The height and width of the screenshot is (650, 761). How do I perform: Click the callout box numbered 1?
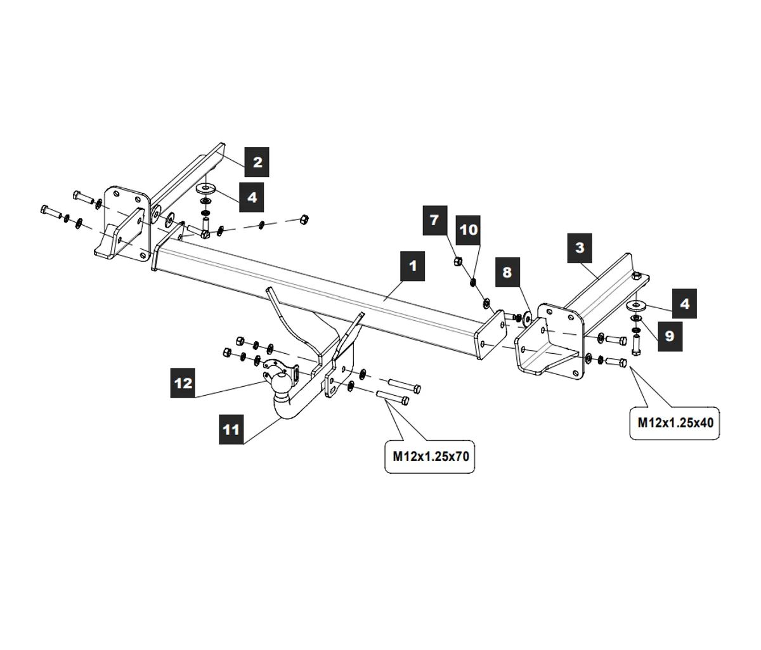pyautogui.click(x=413, y=265)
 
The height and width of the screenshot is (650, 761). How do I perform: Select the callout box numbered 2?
pyautogui.click(x=257, y=162)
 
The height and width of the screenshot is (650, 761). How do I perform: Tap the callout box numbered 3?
pyautogui.click(x=580, y=247)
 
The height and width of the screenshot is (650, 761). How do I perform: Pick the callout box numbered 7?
pyautogui.click(x=434, y=220)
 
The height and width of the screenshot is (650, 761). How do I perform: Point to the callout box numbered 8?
pyautogui.click(x=507, y=272)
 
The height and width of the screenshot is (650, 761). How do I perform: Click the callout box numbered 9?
pyautogui.click(x=670, y=335)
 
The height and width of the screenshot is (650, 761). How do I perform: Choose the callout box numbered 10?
pyautogui.click(x=469, y=229)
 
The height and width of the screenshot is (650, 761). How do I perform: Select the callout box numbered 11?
pyautogui.click(x=231, y=429)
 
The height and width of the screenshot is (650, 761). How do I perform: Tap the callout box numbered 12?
pyautogui.click(x=183, y=383)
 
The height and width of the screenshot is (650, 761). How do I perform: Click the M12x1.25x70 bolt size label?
pyautogui.click(x=431, y=455)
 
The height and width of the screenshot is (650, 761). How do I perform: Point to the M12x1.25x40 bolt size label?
pyautogui.click(x=675, y=422)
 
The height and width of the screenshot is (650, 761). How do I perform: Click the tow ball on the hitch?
pyautogui.click(x=281, y=384)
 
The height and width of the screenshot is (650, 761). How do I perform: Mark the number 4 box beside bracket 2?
pyautogui.click(x=252, y=197)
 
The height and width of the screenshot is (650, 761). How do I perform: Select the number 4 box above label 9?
pyautogui.click(x=684, y=304)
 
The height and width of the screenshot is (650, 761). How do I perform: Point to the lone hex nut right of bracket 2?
pyautogui.click(x=303, y=219)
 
